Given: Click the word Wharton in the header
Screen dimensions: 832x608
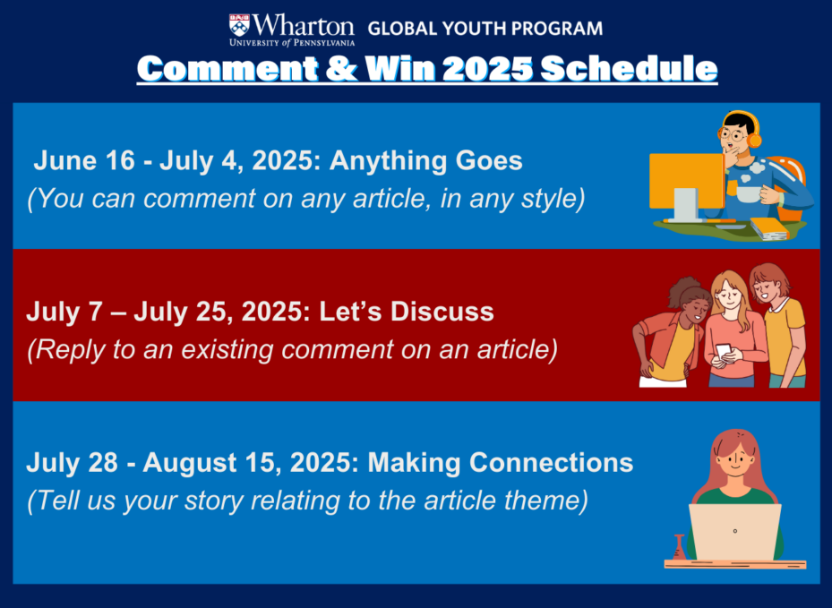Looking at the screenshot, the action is pos(304,25).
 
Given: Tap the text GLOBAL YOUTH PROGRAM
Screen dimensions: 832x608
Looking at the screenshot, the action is pos(485,28).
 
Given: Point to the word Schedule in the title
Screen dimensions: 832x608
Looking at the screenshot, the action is pos(629,68).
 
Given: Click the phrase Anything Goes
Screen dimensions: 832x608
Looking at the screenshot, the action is pos(425,161).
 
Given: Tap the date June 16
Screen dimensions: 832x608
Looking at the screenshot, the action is pos(84,160).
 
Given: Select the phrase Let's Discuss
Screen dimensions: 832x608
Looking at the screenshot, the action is pos(407,312).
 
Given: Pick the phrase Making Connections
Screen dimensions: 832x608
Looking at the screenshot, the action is pos(501,463).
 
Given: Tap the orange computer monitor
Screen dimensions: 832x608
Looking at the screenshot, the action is pos(687,181).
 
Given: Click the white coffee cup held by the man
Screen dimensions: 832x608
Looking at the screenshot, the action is pos(749,193).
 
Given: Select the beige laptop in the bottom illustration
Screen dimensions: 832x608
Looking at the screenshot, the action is pos(734,532).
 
